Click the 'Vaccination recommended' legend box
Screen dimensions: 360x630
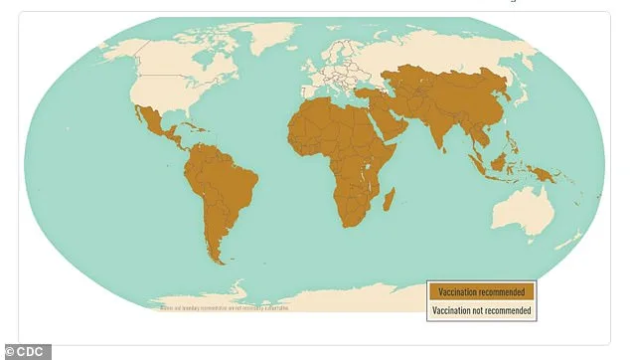point(482,291)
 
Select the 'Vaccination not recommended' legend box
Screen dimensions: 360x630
point(482,310)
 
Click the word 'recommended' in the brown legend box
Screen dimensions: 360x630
point(503,291)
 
